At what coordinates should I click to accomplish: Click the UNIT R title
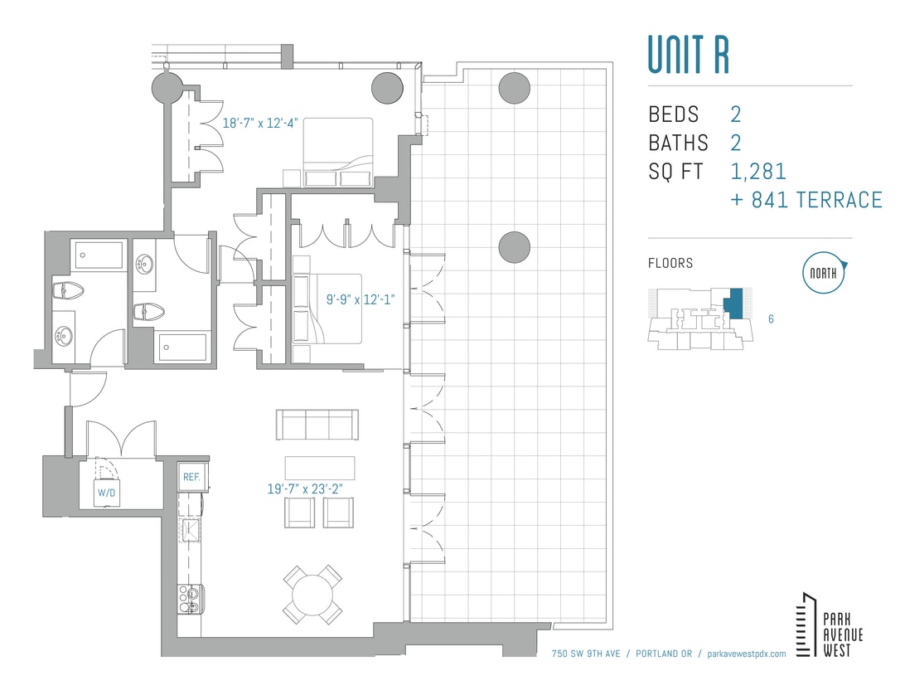[688, 55]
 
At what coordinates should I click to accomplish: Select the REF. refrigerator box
[192, 476]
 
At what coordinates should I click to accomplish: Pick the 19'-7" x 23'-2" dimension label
[310, 489]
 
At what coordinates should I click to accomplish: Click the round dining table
[312, 594]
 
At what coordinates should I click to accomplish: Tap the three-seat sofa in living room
[317, 425]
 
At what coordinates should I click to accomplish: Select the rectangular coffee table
[320, 468]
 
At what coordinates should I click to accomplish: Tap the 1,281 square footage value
[758, 172]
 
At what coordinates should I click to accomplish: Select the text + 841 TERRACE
[806, 200]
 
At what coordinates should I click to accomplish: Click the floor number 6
[771, 318]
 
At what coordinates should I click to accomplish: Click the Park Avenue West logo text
[842, 635]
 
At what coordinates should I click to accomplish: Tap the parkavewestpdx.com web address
[743, 654]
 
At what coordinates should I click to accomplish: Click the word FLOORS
[670, 263]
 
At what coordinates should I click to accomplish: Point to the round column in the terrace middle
[514, 245]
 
